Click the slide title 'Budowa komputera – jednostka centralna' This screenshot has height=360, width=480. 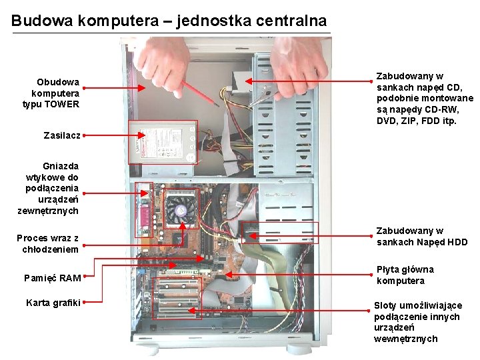pyautogui.click(x=169, y=21)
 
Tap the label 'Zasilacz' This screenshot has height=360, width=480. pyautogui.click(x=61, y=135)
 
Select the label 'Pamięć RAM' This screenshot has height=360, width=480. pyautogui.click(x=52, y=278)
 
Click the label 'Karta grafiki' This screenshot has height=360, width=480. pyautogui.click(x=53, y=303)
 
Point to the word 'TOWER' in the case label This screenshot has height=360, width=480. pyautogui.click(x=64, y=104)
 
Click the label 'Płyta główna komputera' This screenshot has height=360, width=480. pyautogui.click(x=405, y=275)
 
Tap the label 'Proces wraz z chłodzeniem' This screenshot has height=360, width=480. pyautogui.click(x=47, y=243)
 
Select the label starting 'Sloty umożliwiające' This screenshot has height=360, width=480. pyautogui.click(x=417, y=322)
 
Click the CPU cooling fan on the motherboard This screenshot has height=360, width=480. pyautogui.click(x=180, y=209)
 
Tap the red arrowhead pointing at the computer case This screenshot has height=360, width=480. pyautogui.click(x=143, y=87)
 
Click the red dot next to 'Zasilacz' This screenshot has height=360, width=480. pyautogui.click(x=85, y=135)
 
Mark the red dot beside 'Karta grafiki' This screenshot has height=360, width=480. pyautogui.click(x=85, y=302)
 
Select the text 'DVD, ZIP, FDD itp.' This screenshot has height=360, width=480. pyautogui.click(x=417, y=121)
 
